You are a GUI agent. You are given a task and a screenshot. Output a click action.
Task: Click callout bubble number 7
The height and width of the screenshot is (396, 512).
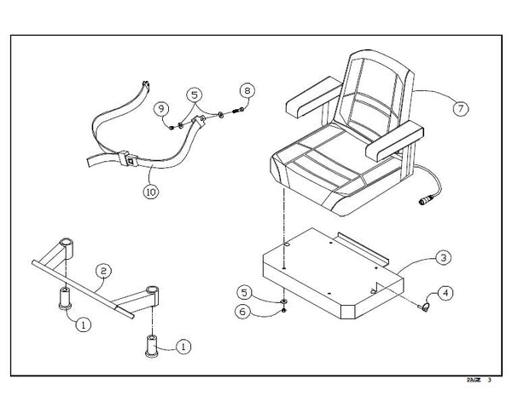461,108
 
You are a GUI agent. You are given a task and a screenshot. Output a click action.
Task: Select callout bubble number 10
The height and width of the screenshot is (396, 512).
151,192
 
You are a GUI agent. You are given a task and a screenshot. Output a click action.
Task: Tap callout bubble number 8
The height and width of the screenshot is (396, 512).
247,90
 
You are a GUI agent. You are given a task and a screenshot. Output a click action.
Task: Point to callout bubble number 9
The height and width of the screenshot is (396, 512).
161,108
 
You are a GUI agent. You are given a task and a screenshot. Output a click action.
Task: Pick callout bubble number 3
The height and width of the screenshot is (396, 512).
444,258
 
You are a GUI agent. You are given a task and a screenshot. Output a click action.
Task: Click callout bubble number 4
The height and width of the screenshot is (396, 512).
445,293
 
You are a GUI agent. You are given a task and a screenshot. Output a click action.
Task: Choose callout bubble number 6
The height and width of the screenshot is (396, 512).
242,312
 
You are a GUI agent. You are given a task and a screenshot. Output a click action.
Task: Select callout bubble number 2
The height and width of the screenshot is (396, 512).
103,271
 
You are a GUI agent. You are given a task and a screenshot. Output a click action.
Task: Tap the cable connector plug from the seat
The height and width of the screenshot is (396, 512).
426,200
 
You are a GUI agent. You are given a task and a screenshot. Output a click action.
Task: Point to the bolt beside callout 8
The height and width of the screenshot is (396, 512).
238,111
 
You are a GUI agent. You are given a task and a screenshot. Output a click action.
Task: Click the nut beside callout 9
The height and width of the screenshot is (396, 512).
172,128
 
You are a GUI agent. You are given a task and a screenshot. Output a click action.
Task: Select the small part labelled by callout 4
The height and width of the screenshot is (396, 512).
423,307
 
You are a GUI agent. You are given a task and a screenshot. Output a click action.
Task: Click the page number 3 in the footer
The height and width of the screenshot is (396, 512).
490,380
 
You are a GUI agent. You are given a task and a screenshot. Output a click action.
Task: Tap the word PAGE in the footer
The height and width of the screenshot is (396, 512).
474,380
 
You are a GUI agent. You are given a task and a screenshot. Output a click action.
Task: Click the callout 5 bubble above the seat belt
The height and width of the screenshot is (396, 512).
195,95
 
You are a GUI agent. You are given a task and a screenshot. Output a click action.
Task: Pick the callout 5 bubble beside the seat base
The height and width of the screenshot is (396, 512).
245,292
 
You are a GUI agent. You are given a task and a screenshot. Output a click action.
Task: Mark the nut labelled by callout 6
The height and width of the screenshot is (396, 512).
284,310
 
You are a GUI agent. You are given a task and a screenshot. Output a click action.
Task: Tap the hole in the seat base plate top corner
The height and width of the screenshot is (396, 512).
287,244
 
